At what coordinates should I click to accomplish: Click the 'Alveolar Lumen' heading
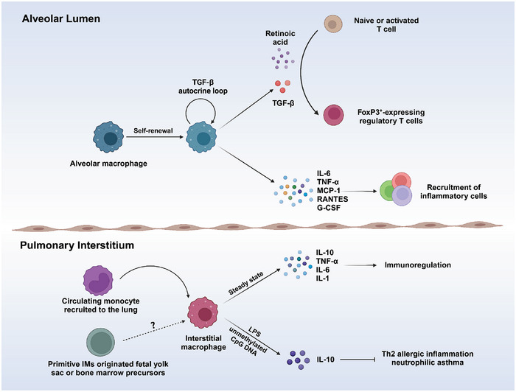(x=61, y=18)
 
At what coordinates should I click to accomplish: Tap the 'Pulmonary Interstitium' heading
(x=77, y=245)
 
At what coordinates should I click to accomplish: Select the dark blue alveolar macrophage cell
(x=108, y=137)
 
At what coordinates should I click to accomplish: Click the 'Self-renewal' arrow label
(x=153, y=130)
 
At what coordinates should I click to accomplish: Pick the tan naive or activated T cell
(x=333, y=24)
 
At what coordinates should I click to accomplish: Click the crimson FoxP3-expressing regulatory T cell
(x=334, y=115)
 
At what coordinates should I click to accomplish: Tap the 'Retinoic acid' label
(x=280, y=38)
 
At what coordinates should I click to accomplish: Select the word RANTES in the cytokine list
(x=332, y=199)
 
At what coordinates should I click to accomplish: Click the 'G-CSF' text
(x=329, y=208)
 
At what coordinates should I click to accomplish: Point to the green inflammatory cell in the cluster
(x=388, y=191)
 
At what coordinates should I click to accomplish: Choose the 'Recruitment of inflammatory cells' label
(x=453, y=192)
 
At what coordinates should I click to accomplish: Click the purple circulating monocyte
(x=98, y=281)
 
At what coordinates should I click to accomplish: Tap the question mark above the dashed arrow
(x=153, y=326)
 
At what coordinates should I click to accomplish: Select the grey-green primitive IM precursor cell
(x=101, y=343)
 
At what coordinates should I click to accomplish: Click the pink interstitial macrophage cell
(x=203, y=312)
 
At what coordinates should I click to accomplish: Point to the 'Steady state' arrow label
(x=245, y=284)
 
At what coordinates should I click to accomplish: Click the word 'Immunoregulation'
(x=418, y=265)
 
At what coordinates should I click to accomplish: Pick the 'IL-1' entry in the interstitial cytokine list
(x=323, y=279)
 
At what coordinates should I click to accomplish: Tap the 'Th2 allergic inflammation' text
(x=428, y=354)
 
